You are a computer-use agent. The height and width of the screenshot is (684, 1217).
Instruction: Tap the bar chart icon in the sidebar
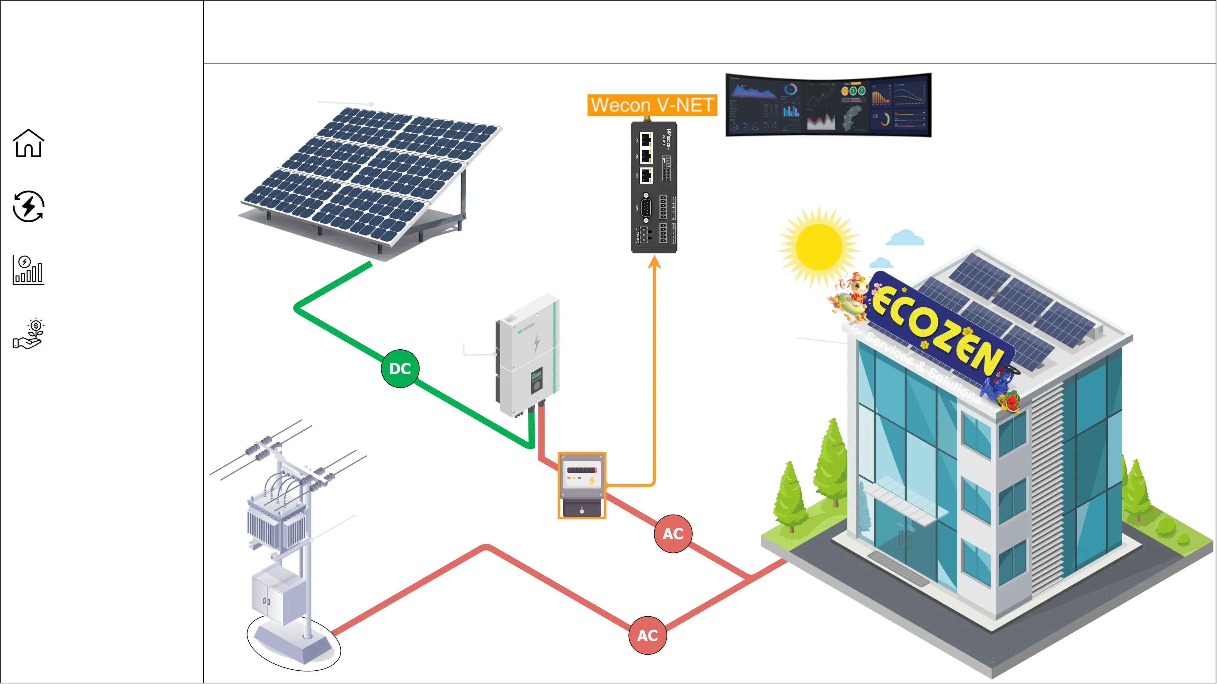(x=28, y=270)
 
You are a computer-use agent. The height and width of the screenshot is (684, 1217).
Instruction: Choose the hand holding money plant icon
(x=28, y=334)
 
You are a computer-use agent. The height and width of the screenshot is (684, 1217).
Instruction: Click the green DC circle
(x=400, y=369)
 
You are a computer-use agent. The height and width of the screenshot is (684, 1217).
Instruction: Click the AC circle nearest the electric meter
(x=673, y=534)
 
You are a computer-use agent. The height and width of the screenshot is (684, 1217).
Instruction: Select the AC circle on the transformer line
(x=647, y=635)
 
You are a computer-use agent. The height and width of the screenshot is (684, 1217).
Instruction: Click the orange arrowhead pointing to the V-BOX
(x=654, y=262)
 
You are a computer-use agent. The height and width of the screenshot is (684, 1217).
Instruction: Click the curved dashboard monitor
(x=828, y=105)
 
